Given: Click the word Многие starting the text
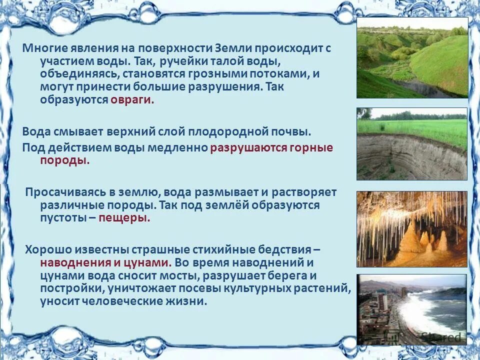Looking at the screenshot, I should point(40,49).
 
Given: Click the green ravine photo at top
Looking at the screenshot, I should point(412,57).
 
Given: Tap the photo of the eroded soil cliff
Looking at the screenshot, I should point(412,144).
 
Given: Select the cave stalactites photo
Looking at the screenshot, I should point(412,229).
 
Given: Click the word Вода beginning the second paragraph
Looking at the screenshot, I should point(36,132).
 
